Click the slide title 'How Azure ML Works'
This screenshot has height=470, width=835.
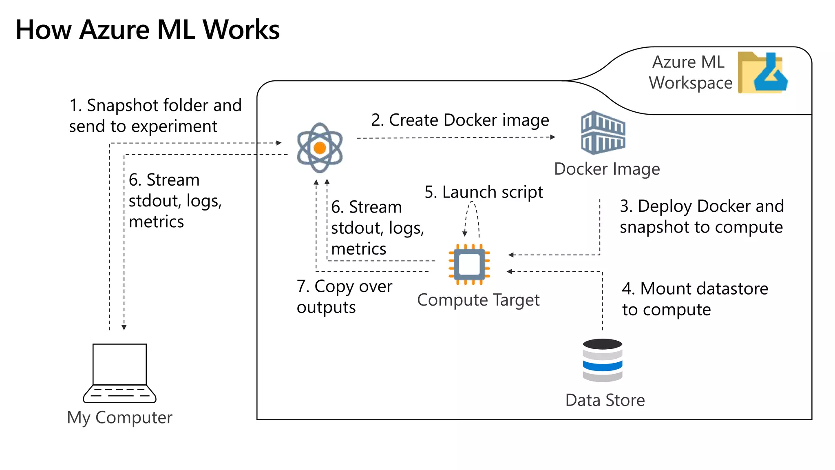pos(148,30)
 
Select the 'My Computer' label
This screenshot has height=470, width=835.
pos(119,417)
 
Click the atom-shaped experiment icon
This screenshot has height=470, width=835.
pos(320,148)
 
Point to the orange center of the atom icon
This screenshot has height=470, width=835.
pos(320,148)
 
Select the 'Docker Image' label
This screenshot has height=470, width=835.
pos(607,169)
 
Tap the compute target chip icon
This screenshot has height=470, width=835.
pos(469,264)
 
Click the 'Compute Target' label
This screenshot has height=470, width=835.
pos(478,300)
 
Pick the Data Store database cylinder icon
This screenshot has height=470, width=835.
pos(603,360)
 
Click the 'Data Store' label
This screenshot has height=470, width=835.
pos(605,400)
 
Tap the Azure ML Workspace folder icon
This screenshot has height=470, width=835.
pos(762,73)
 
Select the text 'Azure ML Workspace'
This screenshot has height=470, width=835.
pos(690,73)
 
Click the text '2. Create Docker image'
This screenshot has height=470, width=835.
pos(460,120)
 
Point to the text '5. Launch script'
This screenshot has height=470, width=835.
pos(484,192)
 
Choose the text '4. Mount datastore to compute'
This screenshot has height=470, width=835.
pos(695,299)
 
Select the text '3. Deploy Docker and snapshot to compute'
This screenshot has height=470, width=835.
pos(701,217)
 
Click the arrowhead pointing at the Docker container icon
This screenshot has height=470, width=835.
pos(553,137)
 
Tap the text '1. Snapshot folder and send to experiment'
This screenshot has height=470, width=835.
pos(155,116)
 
